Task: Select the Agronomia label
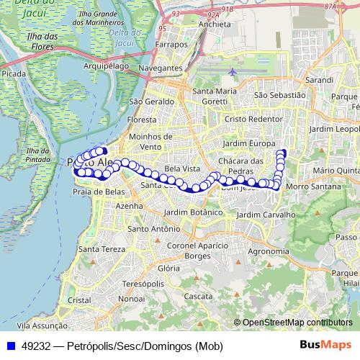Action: [268, 251]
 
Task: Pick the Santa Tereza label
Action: [99, 249]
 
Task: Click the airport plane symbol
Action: [231, 72]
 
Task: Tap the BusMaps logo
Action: [325, 345]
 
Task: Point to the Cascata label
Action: [197, 296]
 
